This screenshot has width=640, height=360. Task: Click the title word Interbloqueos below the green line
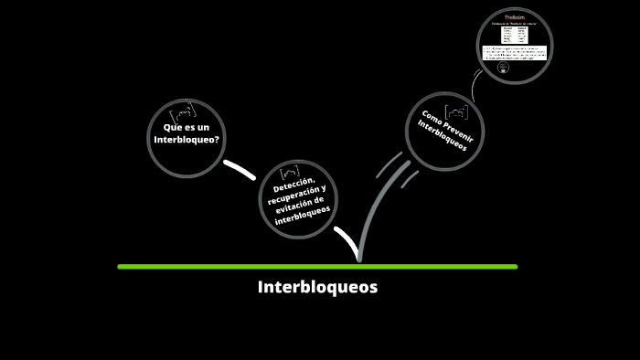click(x=317, y=287)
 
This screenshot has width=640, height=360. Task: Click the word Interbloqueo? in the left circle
click(x=187, y=140)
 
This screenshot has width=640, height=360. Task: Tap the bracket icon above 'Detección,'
click(x=291, y=171)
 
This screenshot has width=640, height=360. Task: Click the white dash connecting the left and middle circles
click(x=240, y=169)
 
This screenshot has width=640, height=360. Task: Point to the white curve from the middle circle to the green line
click(x=347, y=242)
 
